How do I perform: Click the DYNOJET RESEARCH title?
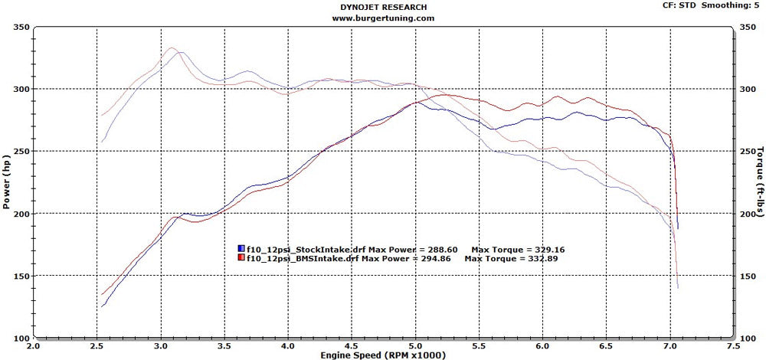click(x=383, y=6)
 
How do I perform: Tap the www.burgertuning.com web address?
click(x=384, y=18)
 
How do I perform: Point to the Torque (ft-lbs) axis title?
click(x=758, y=183)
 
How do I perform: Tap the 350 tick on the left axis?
click(x=20, y=28)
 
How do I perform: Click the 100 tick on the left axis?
click(x=20, y=338)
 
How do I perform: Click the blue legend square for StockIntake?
click(x=242, y=249)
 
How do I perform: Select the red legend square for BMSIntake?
click(x=242, y=259)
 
